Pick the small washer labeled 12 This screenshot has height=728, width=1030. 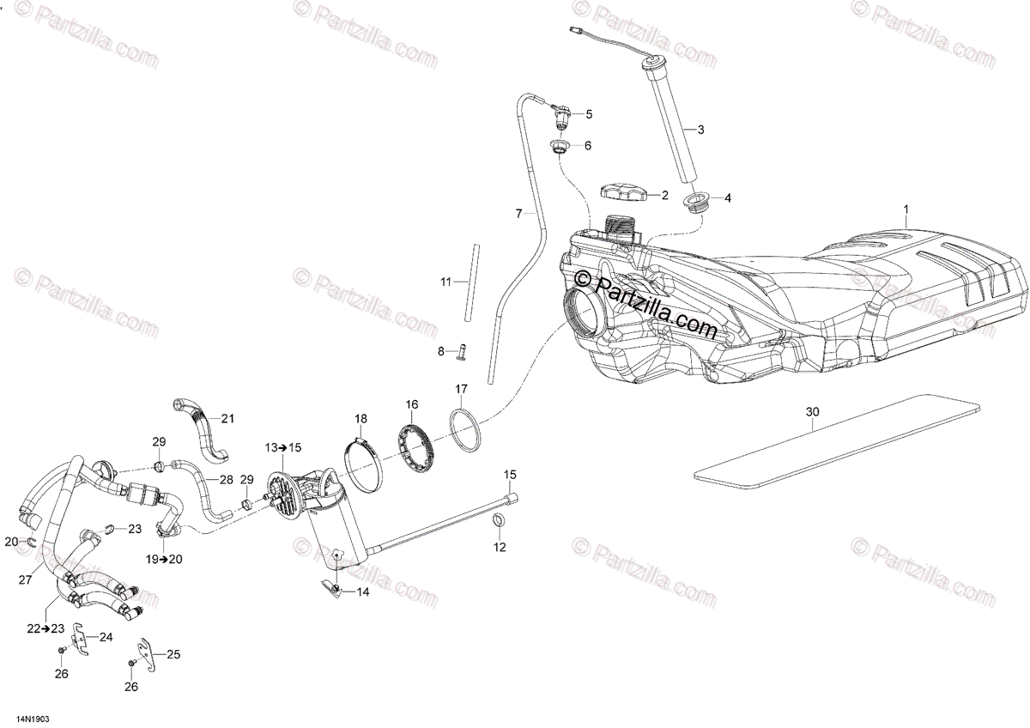click(499, 523)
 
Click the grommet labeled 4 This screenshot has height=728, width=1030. click(697, 202)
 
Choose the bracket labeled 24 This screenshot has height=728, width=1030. click(80, 639)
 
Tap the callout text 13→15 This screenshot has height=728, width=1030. click(283, 447)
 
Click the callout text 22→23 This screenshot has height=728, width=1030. click(45, 628)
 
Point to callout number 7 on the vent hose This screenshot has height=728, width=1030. click(518, 212)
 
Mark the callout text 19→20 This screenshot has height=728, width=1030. click(163, 559)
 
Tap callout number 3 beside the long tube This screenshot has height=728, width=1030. click(700, 130)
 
